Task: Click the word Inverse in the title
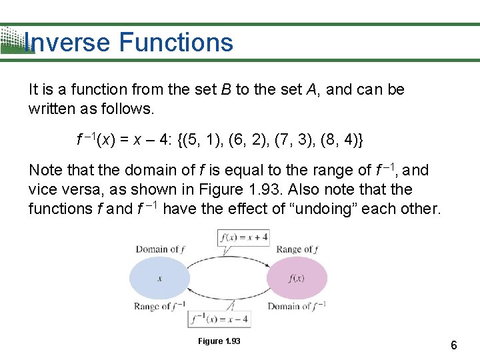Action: point(67,43)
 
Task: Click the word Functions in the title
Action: point(176,43)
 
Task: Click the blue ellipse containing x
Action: point(159,278)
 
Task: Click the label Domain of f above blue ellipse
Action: point(161,249)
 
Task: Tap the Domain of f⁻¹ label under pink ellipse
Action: point(297,307)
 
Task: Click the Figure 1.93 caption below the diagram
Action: point(219,341)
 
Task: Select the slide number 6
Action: point(453,345)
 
